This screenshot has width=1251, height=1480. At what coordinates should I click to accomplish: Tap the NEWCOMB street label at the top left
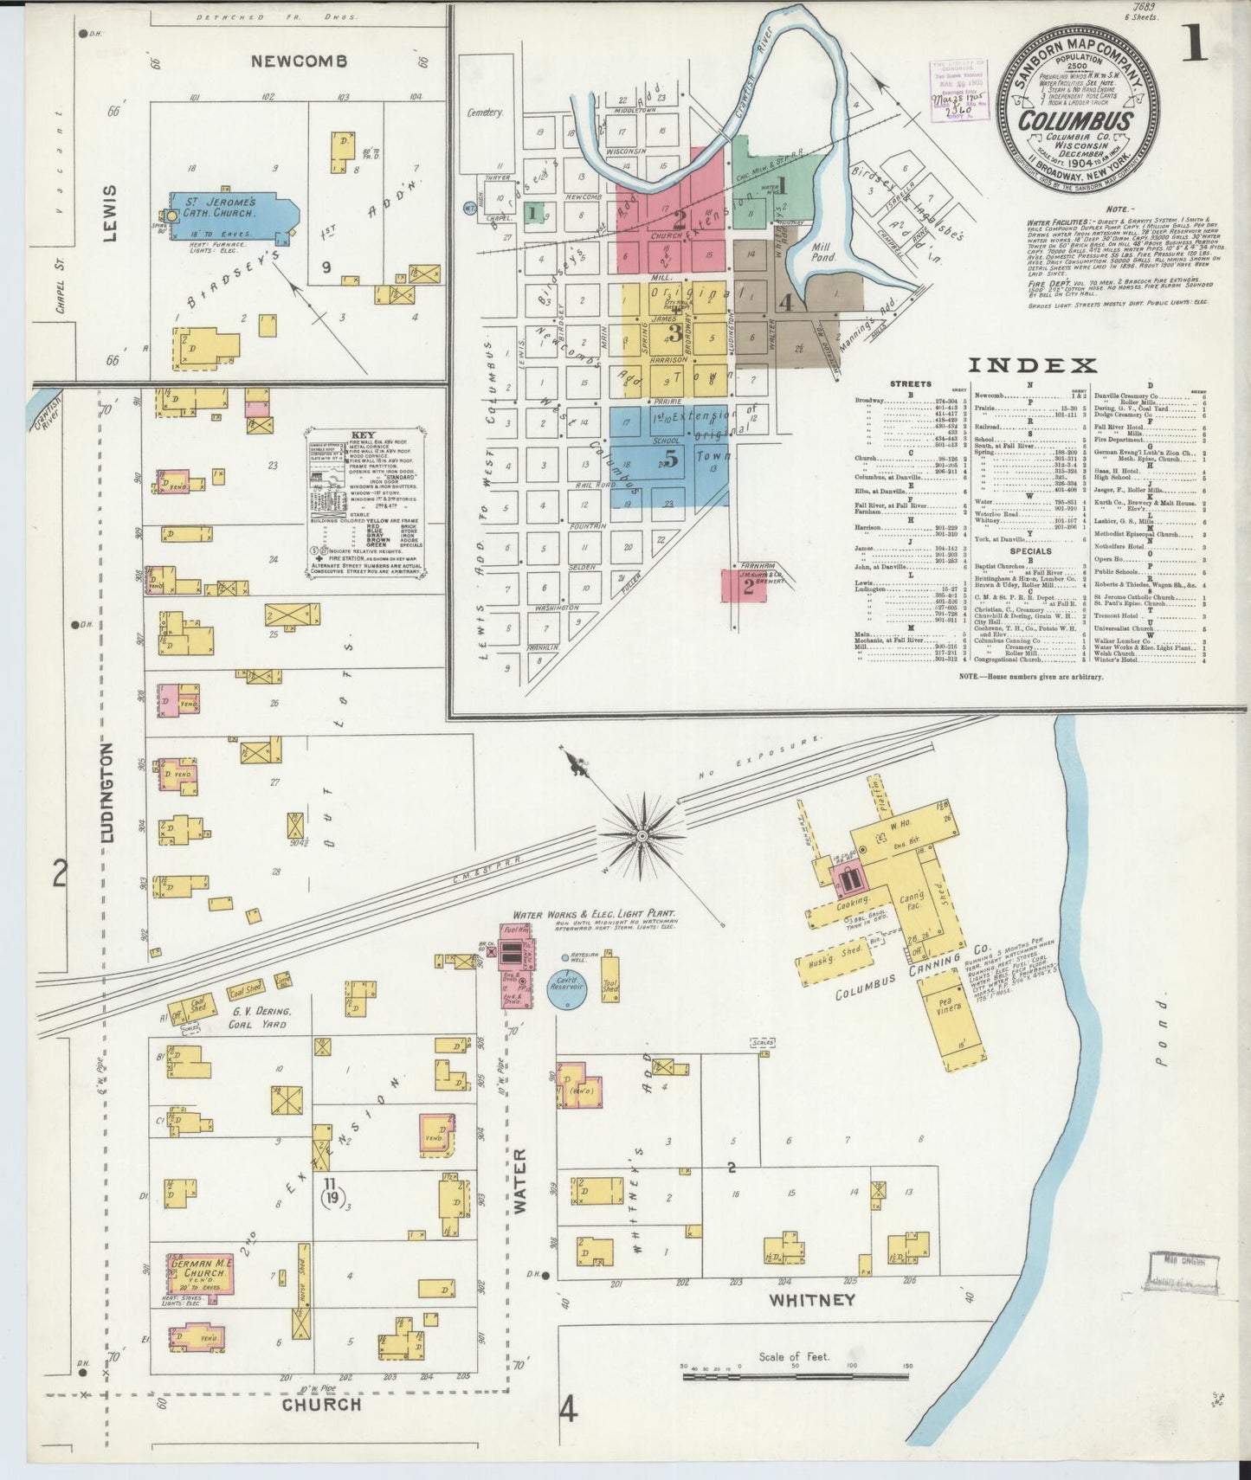(299, 61)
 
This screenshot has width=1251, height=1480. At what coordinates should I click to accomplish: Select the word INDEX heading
(1032, 365)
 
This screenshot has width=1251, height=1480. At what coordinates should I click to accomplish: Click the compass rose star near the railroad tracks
(642, 835)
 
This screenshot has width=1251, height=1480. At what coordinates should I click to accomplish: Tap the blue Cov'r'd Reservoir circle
(567, 988)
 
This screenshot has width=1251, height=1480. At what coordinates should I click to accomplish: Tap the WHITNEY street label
(811, 1300)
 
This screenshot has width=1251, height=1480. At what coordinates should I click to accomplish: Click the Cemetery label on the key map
(485, 113)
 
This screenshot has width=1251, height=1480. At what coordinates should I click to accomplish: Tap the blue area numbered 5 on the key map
(671, 459)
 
